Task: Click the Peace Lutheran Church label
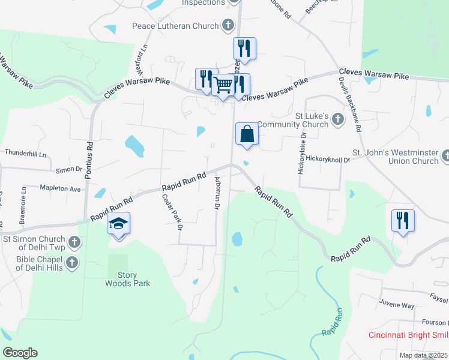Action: (x=177, y=27)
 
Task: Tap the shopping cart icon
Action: (x=223, y=85)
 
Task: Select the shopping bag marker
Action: (x=247, y=134)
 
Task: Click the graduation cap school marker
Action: (x=119, y=224)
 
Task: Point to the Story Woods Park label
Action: (x=127, y=279)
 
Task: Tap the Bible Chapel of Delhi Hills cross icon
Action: (x=73, y=262)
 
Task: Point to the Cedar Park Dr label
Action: (x=172, y=211)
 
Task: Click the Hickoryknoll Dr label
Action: (x=328, y=160)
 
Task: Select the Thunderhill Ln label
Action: (x=26, y=154)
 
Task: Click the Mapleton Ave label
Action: (x=60, y=188)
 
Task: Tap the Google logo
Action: (x=20, y=353)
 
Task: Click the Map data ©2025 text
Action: (x=423, y=355)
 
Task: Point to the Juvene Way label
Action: (x=396, y=305)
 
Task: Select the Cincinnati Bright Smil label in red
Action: (x=408, y=335)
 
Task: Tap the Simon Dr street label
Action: (x=69, y=170)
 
